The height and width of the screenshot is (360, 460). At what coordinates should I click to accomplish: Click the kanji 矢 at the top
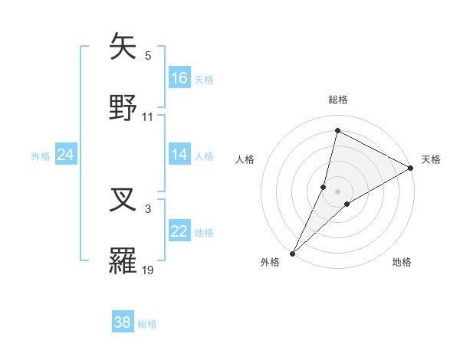(x=123, y=47)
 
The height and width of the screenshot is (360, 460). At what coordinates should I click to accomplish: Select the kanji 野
(x=123, y=108)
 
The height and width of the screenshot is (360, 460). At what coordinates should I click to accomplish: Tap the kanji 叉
(x=123, y=200)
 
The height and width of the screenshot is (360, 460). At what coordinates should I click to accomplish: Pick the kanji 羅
(x=123, y=261)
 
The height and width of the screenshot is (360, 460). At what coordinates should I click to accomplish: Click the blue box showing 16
(x=179, y=78)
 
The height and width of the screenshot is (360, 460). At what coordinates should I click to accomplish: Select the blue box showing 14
(x=179, y=155)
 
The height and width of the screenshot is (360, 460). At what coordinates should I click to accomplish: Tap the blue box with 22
(x=179, y=231)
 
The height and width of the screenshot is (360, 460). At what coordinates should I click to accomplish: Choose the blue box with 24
(x=66, y=155)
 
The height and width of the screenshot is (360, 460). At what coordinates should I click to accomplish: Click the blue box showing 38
(x=123, y=322)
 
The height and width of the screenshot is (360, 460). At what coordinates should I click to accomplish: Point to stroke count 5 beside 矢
(x=148, y=56)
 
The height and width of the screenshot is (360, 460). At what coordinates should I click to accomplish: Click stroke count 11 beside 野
(x=148, y=117)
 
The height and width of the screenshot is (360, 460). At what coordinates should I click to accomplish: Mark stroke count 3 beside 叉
(x=148, y=208)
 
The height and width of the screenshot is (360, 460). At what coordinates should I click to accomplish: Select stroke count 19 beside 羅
(x=148, y=270)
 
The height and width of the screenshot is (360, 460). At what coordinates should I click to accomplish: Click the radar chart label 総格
(x=338, y=100)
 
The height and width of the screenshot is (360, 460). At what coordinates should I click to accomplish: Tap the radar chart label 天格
(x=431, y=159)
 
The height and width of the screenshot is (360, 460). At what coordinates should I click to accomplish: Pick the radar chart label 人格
(x=245, y=159)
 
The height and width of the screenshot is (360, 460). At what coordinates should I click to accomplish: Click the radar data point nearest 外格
(x=293, y=252)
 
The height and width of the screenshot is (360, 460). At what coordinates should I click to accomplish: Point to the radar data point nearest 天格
(x=411, y=168)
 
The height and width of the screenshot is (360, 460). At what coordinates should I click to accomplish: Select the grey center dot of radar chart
(x=338, y=191)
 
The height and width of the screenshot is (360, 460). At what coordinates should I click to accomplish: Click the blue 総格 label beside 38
(x=148, y=324)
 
